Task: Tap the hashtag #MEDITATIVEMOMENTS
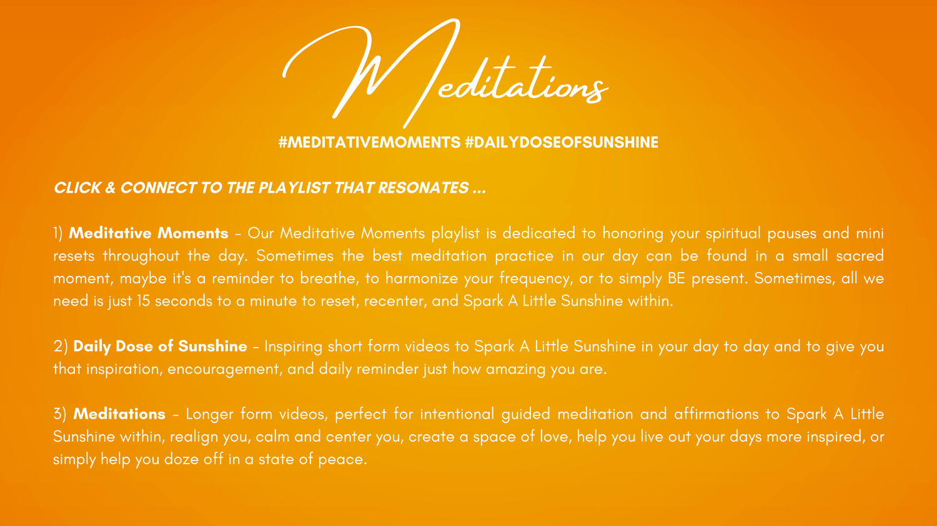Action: pos(369,142)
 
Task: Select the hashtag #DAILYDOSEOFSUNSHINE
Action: pos(562,142)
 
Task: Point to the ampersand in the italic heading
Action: pos(111,188)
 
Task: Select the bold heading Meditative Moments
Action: pos(149,233)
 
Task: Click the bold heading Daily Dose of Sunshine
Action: pos(160,346)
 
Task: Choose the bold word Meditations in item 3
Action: pos(119,414)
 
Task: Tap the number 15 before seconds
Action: pos(144,301)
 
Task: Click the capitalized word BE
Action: pos(677,278)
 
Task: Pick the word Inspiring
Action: pos(293,347)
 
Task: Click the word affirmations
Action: pos(716,414)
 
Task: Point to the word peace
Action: pos(342,460)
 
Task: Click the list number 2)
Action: pos(61,347)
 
